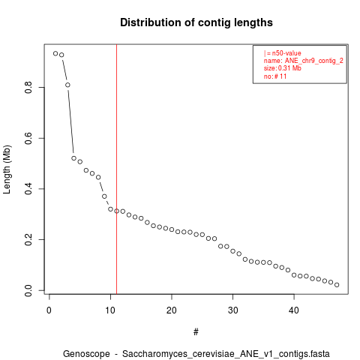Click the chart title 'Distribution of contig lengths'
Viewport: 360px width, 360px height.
(x=196, y=22)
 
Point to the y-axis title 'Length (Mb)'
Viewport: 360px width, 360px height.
(x=7, y=169)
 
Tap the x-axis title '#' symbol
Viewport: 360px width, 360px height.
(x=196, y=332)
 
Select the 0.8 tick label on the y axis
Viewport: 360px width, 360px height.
(x=28, y=87)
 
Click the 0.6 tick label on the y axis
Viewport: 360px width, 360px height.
(x=28, y=138)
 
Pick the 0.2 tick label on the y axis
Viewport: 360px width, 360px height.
(x=28, y=239)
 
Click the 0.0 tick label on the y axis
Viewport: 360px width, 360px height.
(x=28, y=290)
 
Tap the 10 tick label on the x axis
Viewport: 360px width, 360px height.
(x=110, y=310)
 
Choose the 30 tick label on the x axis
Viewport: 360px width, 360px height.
(x=232, y=310)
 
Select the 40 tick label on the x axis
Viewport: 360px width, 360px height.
(x=294, y=310)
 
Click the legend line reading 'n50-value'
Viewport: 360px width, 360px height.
(x=283, y=53)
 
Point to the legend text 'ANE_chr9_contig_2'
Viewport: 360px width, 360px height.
(x=314, y=61)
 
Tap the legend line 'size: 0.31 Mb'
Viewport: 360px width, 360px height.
(x=283, y=68)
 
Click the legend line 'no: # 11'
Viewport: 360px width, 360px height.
(x=275, y=76)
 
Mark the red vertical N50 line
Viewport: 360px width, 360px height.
(x=116, y=169)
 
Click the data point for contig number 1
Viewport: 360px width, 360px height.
(x=55, y=53)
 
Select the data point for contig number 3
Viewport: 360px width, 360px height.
(x=67, y=85)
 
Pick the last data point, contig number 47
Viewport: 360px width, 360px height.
(x=337, y=285)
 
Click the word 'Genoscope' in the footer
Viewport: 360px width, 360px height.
(x=86, y=354)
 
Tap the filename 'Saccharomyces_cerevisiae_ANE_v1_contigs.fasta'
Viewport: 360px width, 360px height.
(x=226, y=354)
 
